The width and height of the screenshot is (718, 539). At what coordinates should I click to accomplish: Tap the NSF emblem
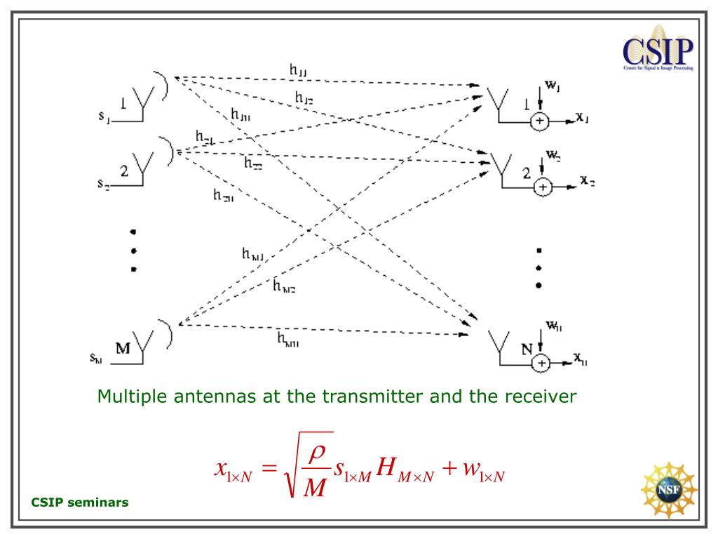point(668,490)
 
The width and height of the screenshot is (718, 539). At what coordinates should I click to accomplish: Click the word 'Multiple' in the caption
point(128,397)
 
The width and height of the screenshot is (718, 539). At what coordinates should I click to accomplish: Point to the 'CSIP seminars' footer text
point(80,503)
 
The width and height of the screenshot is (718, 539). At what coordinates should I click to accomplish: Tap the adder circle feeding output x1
point(539,121)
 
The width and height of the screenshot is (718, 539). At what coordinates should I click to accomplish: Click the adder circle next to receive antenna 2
point(543,187)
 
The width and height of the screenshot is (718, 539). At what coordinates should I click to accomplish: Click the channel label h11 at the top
point(298,69)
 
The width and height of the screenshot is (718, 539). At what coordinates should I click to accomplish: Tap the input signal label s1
point(103,117)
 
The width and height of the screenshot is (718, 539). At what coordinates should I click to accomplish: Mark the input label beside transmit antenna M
point(97,357)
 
